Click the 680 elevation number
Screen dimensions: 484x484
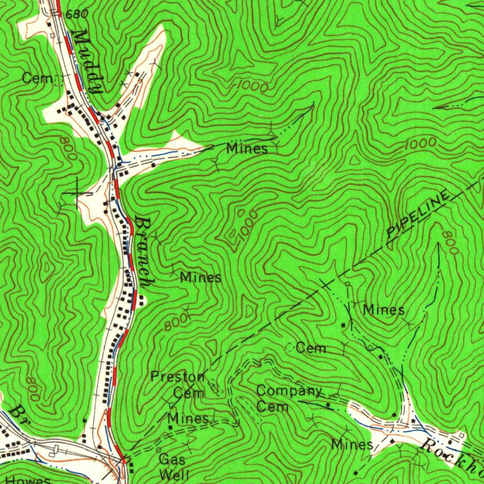77,14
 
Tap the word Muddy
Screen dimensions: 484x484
88,61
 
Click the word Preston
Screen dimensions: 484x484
178,377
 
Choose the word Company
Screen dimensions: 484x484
289,391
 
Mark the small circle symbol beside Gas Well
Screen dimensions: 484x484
159,449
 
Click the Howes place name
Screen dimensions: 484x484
28,480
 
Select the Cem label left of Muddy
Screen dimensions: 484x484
37,78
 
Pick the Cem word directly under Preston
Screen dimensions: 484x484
189,393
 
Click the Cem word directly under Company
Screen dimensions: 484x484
272,406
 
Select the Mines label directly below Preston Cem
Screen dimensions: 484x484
188,418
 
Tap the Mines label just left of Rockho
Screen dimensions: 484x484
352,444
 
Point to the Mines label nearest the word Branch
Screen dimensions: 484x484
200,277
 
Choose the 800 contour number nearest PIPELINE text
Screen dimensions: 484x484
450,243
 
